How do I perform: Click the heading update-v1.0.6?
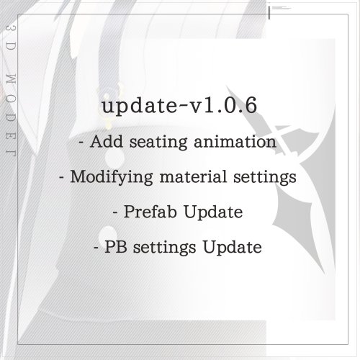click(179, 106)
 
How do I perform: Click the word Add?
click(107, 141)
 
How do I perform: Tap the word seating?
click(158, 143)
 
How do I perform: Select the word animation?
click(235, 141)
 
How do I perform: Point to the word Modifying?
click(112, 177)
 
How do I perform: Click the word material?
click(193, 176)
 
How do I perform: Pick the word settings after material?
click(265, 178)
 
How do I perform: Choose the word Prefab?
click(150, 212)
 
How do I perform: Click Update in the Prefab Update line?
click(213, 212)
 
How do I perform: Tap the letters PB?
click(116, 247)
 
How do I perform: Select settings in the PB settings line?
click(165, 248)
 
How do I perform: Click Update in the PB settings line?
click(233, 248)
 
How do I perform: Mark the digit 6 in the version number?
click(251, 105)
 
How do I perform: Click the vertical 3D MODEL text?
click(11, 91)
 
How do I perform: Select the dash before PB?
click(96, 248)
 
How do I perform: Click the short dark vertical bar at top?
click(269, 13)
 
